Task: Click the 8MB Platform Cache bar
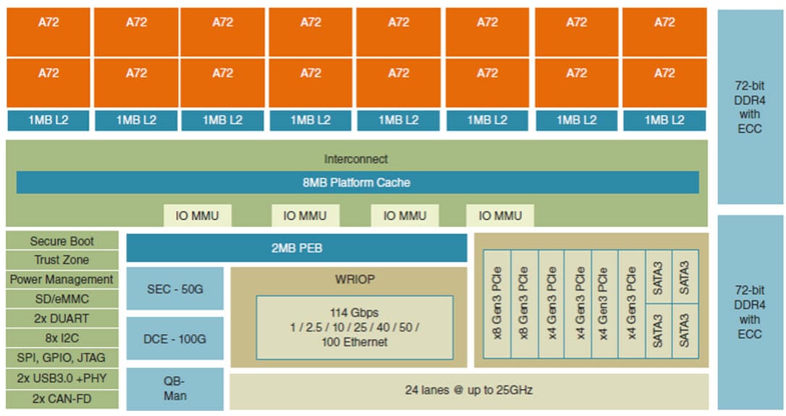(x=357, y=182)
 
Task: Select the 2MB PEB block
(x=296, y=248)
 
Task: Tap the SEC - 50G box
(x=174, y=289)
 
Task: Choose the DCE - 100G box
(x=174, y=338)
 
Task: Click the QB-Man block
(x=174, y=389)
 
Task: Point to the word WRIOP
(x=348, y=279)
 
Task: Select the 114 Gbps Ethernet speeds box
(x=354, y=327)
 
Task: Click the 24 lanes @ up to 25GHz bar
(x=468, y=391)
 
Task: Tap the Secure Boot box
(x=62, y=241)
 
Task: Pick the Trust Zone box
(x=62, y=260)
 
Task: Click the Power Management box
(x=62, y=279)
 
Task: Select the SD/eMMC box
(x=62, y=299)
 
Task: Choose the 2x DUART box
(x=62, y=318)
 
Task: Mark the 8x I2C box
(x=62, y=338)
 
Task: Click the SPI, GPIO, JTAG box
(x=62, y=357)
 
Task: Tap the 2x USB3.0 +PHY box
(x=62, y=378)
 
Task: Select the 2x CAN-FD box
(x=62, y=398)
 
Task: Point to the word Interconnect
(x=355, y=159)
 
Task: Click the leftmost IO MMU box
(x=197, y=216)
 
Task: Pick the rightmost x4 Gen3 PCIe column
(x=631, y=304)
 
